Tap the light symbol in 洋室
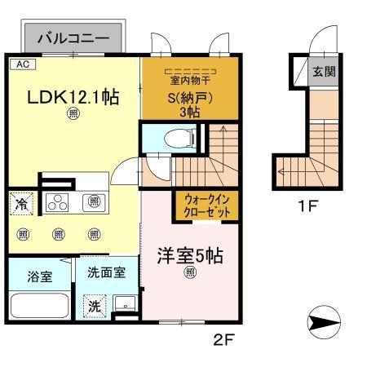pyautogui.click(x=189, y=273)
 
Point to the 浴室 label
pyautogui.click(x=39, y=276)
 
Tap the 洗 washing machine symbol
pyautogui.click(x=95, y=307)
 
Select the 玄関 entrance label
pyautogui.click(x=323, y=71)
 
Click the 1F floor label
pyautogui.click(x=307, y=205)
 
